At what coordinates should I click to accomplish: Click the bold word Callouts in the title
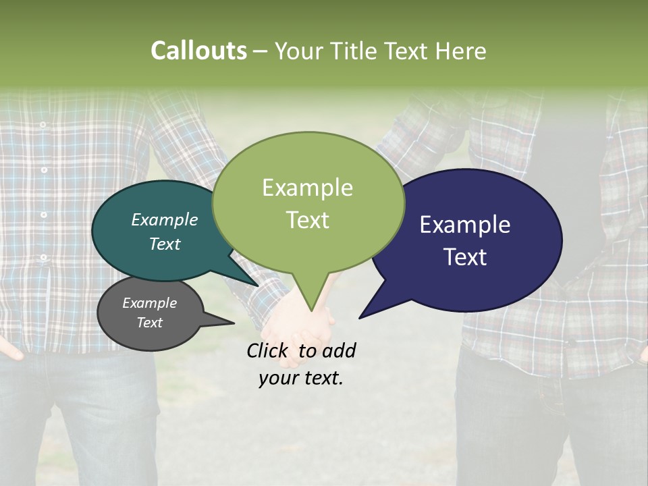point(198,51)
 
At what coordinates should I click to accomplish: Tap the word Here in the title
point(461,51)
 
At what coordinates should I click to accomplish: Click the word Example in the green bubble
point(307,188)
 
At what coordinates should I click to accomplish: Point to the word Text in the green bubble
point(307,220)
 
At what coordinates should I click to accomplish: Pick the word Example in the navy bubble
point(465,225)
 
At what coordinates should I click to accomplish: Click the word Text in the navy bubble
point(465,257)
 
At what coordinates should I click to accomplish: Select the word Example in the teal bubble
point(165,219)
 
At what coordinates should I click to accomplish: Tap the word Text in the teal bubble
point(165,244)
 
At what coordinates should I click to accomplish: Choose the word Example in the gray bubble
point(150,303)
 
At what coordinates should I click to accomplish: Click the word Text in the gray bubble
point(150,323)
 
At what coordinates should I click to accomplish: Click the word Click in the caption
point(269,350)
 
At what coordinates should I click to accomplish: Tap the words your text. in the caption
point(301,378)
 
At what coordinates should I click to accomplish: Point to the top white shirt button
point(43,125)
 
